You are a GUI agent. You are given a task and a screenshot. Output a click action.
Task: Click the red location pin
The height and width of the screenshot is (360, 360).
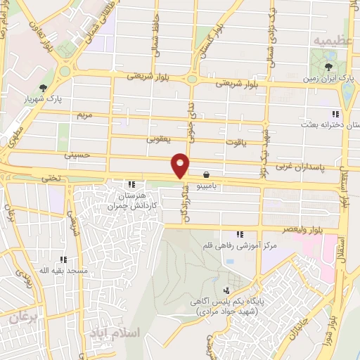181,165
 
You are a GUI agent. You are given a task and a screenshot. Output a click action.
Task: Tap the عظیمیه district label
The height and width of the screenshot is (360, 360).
331,39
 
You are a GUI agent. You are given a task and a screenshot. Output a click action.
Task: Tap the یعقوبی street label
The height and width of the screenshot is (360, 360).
158,139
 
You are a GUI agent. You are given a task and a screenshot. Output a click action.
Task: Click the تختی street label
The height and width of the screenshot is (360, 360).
51,179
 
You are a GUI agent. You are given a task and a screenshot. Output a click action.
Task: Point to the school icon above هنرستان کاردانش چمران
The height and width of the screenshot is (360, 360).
131,184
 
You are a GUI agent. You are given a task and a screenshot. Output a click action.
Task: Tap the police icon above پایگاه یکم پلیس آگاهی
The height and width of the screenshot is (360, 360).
226,290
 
